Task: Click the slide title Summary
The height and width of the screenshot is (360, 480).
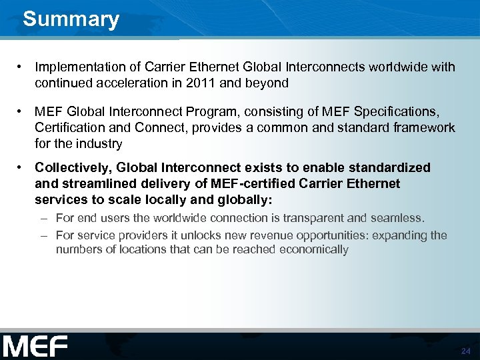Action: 71,19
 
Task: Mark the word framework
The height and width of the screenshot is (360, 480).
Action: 423,127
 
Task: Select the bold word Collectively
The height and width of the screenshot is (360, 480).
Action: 69,168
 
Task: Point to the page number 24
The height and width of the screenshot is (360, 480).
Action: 465,351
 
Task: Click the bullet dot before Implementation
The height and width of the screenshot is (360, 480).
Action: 22,67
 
